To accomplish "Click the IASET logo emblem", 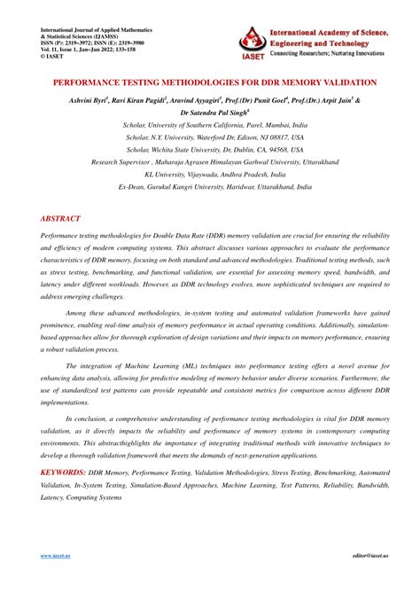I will click(x=257, y=38).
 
